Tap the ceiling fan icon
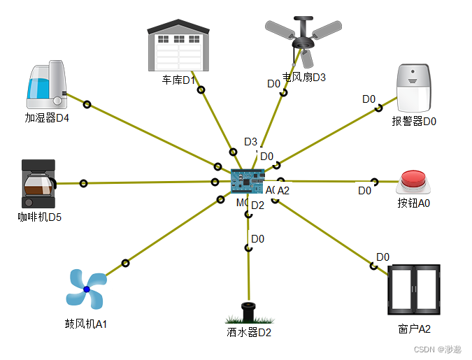(303, 38)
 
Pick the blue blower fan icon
(86, 289)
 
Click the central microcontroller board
(248, 180)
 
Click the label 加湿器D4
(48, 117)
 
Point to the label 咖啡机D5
(40, 217)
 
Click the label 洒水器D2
(249, 333)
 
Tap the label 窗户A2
(414, 329)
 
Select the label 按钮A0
(414, 203)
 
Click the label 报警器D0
(414, 121)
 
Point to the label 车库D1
(178, 80)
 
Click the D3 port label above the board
(251, 142)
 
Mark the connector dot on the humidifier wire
(87, 105)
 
